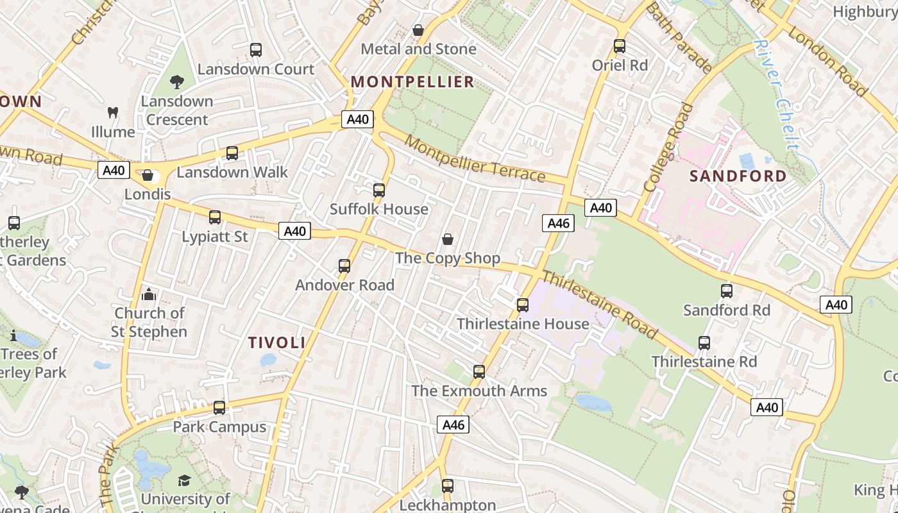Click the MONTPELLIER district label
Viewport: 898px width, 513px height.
coord(413,81)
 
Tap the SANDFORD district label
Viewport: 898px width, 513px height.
coord(738,176)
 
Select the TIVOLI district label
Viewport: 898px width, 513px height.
coord(277,342)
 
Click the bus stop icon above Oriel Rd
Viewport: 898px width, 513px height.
coord(619,46)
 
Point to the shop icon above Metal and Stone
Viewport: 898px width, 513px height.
coord(418,30)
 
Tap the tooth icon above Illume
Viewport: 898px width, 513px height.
coord(113,113)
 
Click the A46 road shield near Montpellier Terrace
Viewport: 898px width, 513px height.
coord(558,223)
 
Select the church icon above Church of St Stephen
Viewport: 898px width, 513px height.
coord(149,294)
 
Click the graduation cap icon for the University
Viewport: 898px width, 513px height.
coord(184,480)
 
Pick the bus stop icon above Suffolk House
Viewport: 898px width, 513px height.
coord(379,190)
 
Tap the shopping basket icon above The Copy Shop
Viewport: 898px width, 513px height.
coord(448,239)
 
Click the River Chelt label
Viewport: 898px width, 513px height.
coord(777,95)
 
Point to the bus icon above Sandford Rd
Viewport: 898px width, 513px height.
coord(727,291)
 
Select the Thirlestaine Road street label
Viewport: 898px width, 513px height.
coord(599,304)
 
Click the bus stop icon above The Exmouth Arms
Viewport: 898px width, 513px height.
coord(479,372)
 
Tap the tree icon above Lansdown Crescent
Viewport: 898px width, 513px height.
coord(177,82)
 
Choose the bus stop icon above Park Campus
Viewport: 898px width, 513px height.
coord(219,408)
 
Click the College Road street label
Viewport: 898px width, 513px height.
coord(669,147)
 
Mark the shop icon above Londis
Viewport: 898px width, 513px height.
coord(148,175)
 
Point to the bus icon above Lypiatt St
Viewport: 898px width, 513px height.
coord(215,217)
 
